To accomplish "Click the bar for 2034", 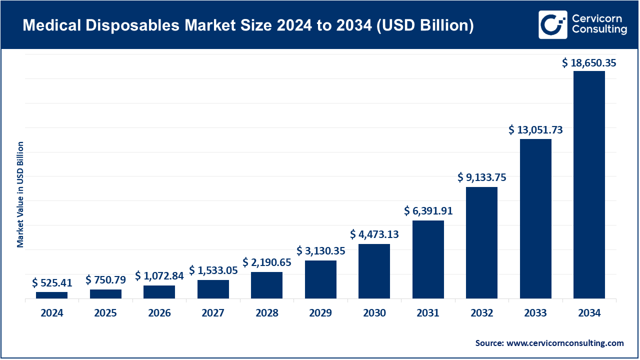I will coord(589,184).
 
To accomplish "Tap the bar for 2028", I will coord(266,285).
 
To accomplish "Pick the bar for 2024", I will coord(51,295).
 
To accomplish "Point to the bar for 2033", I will coord(535,218).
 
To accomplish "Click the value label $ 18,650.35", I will coord(589,63).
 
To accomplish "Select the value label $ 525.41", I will coord(51,283).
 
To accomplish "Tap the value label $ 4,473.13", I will coord(374,234).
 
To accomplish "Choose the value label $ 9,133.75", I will coord(481,177).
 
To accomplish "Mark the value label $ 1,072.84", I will coord(159,275).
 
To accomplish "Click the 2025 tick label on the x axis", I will coord(105,313).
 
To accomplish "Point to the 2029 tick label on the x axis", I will coord(320,313).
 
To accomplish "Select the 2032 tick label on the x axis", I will coord(481,313).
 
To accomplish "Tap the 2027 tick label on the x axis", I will coord(213,313).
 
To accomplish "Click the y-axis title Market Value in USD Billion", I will coord(20,194).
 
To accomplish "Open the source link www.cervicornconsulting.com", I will coord(565,343).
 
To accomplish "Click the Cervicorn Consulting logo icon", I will coord(552,24).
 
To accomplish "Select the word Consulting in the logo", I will coord(599,30).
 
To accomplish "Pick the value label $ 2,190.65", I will coord(266,262).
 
